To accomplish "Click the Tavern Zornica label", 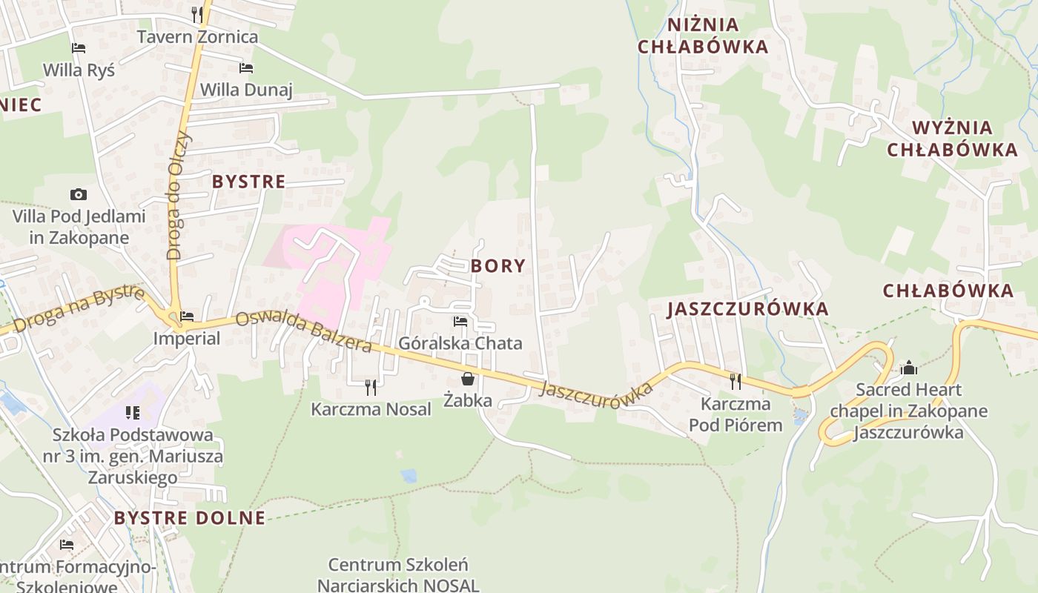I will coord(197,36).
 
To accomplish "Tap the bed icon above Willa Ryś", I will coord(79,48).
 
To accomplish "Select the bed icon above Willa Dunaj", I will coord(246,68).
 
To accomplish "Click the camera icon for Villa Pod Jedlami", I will coord(79,195).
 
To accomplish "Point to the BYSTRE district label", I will coord(248,182).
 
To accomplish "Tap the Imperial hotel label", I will coord(187,339).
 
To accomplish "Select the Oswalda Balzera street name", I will coord(303,331).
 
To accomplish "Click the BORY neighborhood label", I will coord(497,266).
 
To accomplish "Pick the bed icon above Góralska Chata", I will coord(460,322).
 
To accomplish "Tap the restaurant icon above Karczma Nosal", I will coord(371,387).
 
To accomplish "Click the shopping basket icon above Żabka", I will coord(468,380).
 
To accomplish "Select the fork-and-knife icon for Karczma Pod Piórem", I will coord(735,382).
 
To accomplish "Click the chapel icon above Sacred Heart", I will coord(908,368).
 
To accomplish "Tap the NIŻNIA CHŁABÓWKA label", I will coord(702,36).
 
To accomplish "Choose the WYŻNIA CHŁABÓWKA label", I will coord(952,139).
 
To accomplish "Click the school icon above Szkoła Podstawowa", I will coord(133,413).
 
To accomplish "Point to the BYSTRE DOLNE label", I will coord(190,518).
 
